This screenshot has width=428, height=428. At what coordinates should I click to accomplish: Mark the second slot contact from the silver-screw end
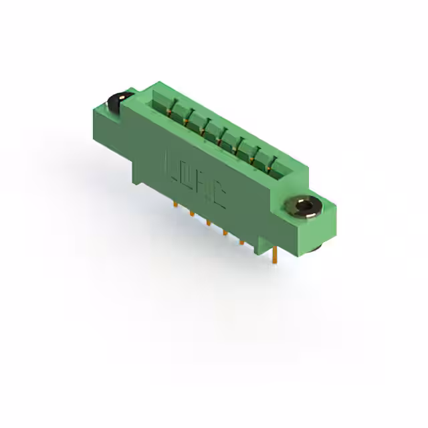coord(257,150)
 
